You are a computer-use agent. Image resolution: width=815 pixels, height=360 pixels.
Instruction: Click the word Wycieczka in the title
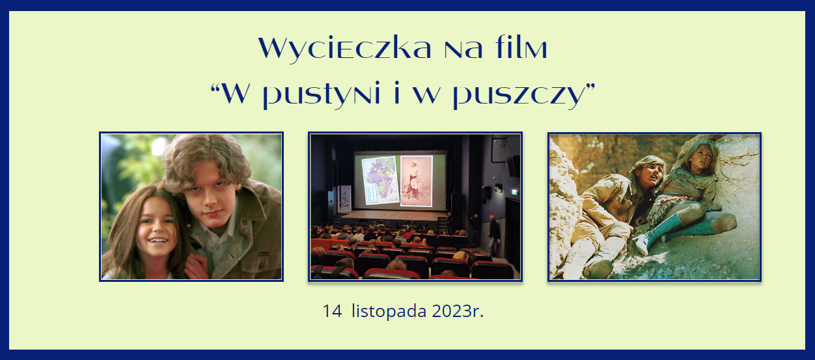344,49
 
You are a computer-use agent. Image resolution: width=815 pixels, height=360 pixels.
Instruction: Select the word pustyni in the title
322,94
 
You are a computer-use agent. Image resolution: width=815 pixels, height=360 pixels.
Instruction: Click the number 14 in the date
332,311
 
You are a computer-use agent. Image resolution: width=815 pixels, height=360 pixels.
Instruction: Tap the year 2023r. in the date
458,311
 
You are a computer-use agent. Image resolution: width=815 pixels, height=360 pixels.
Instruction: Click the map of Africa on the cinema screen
380,180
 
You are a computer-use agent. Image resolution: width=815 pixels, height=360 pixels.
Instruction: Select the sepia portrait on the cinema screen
416,181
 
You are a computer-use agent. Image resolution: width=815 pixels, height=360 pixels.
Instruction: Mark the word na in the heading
463,50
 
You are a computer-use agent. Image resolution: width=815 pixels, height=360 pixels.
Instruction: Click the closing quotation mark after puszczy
590,87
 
